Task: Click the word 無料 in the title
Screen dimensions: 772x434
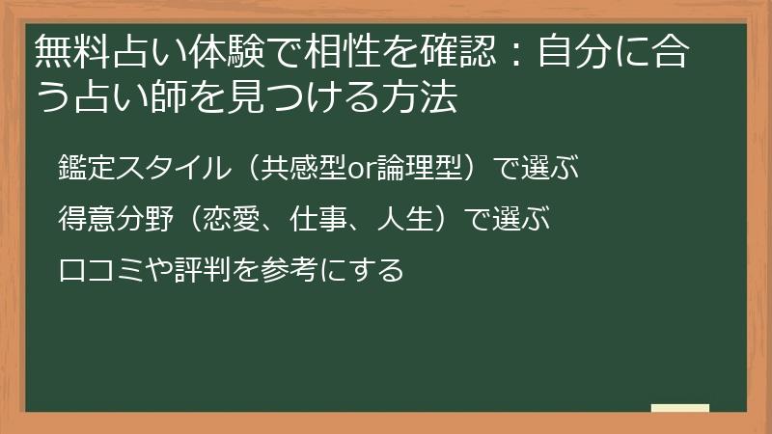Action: point(73,51)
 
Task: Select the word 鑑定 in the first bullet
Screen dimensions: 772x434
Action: point(87,167)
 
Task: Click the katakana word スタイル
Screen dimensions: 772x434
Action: point(174,167)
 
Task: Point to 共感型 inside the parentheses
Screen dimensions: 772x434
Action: point(303,167)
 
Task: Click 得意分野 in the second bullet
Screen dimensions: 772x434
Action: point(116,219)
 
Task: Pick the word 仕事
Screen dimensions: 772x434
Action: point(318,219)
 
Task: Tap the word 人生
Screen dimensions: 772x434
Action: point(404,219)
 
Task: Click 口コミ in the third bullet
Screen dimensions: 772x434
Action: point(101,270)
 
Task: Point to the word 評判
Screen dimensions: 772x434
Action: point(203,270)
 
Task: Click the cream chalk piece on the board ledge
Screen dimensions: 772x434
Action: point(680,408)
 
